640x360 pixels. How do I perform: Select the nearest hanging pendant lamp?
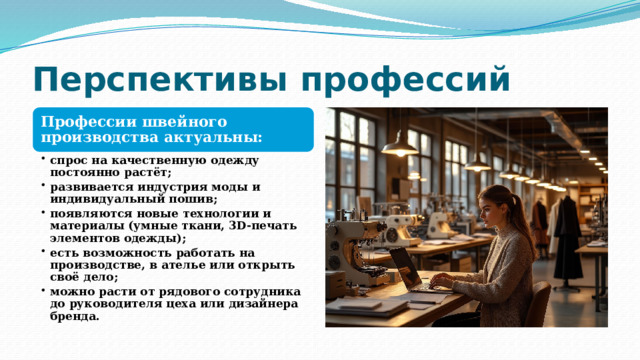pos(400,147)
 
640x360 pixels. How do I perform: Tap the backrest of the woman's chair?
pos(541,305)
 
